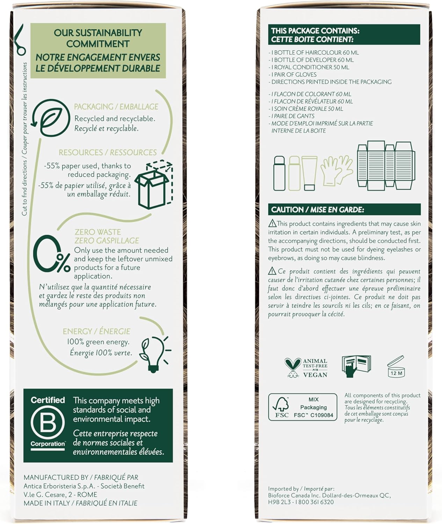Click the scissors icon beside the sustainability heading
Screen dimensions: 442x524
coord(19,40)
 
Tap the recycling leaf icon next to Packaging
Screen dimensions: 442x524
coord(50,118)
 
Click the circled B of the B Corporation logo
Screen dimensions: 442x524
coord(48,422)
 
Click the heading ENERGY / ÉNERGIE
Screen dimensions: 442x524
coord(96,331)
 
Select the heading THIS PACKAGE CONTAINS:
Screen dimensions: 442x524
coord(315,31)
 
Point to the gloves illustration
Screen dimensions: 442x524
coord(336,170)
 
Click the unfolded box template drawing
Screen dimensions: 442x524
coord(386,165)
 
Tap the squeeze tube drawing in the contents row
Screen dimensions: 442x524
coord(309,173)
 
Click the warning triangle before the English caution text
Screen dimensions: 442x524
coord(272,223)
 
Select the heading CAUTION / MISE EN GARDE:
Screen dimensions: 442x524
coord(318,210)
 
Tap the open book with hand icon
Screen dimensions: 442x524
coord(356,366)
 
